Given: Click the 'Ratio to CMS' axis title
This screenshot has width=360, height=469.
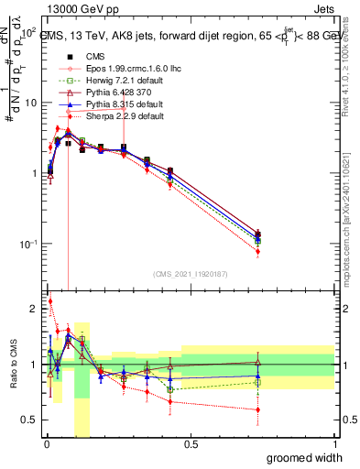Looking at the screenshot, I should point(12,365).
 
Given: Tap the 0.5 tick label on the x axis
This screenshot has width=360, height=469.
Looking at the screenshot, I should point(191,444).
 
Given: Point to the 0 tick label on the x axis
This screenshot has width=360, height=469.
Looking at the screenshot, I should point(46,444).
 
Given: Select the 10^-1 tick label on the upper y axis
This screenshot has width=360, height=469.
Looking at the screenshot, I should point(27,244).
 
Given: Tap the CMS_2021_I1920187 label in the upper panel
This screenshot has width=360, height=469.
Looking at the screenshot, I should point(191,274).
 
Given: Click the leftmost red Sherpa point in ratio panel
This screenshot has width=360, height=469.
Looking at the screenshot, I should point(49,300).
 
